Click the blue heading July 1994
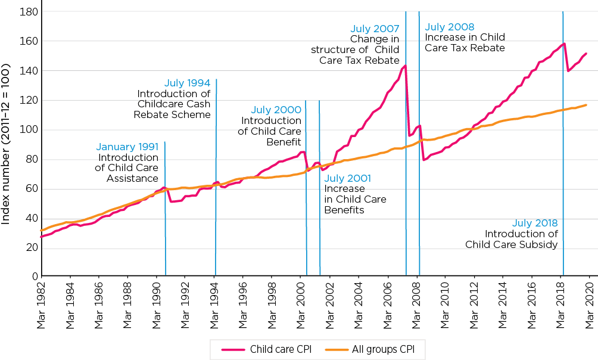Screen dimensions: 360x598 tap(188, 83)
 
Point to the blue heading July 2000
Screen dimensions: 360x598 tap(276, 110)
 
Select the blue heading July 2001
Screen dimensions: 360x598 tap(348, 178)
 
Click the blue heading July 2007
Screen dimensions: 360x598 tap(375, 29)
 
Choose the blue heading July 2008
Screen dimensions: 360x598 tap(450, 27)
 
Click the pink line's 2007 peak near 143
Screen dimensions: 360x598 tap(405, 66)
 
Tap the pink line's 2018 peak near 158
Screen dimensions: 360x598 tap(563, 44)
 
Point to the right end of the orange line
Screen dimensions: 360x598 tap(587, 105)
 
